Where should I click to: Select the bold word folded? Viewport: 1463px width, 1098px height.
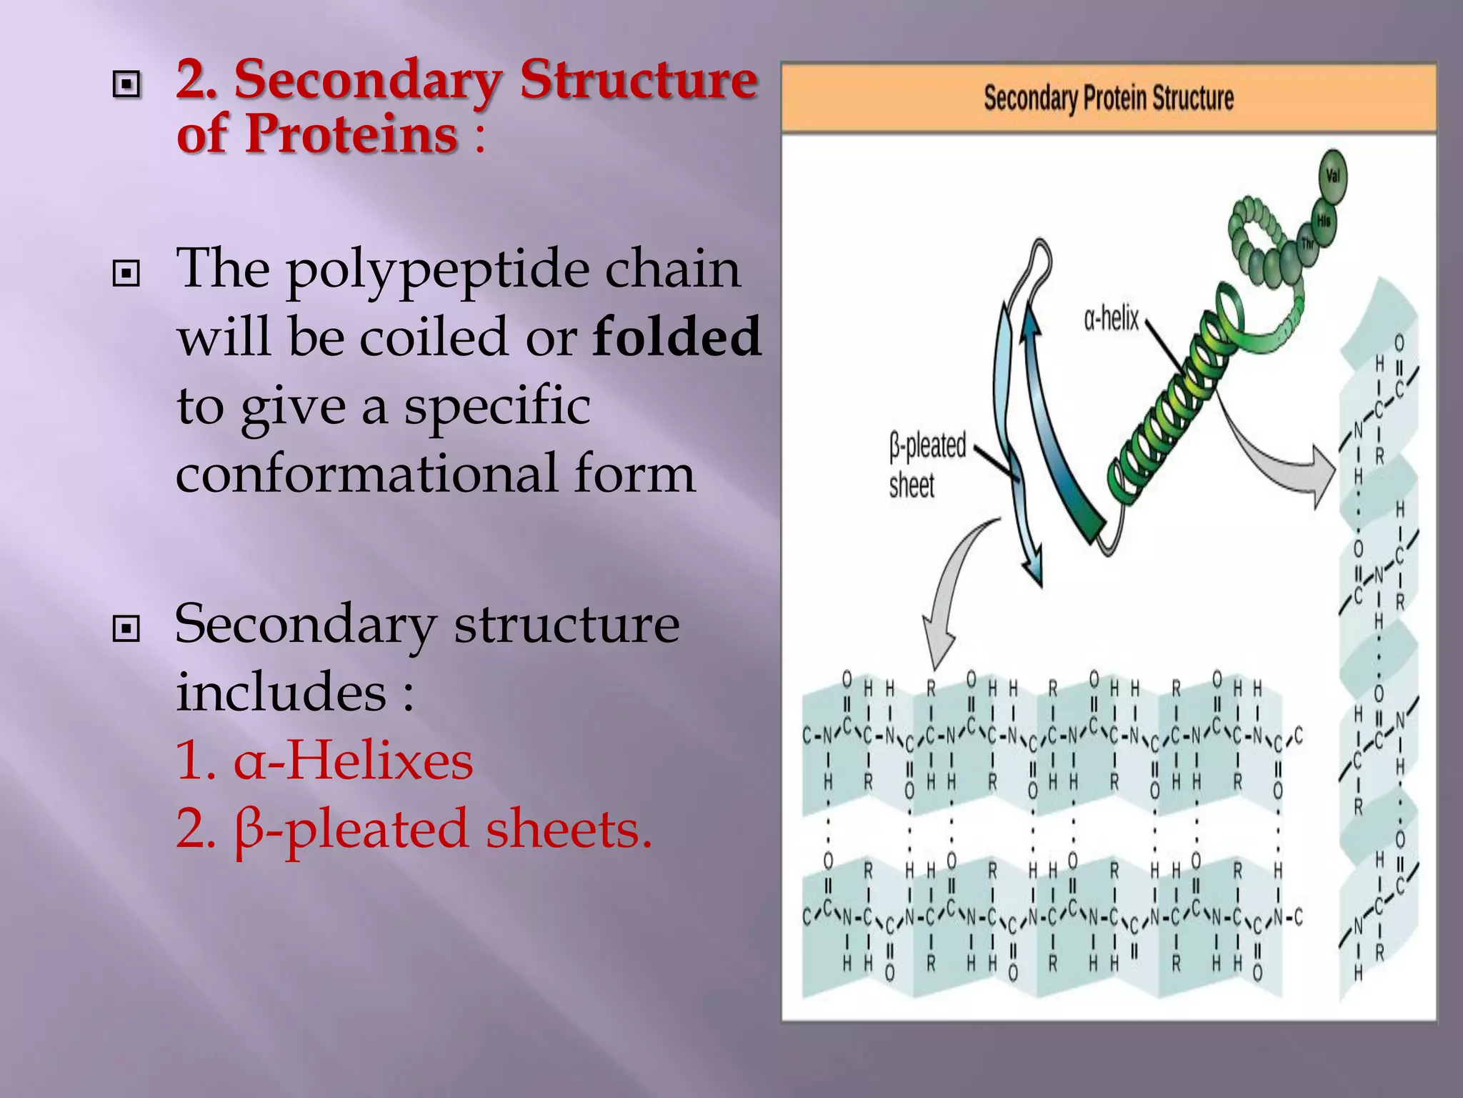click(x=676, y=337)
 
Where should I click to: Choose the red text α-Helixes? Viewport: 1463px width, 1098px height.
click(x=324, y=761)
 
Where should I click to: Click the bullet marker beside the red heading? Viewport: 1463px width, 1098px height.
click(x=126, y=85)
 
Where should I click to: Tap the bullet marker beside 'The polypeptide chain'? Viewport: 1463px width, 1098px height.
click(x=126, y=273)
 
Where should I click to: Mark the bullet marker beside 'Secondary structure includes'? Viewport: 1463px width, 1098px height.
click(x=126, y=629)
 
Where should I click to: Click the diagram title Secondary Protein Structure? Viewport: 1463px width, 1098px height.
click(x=1108, y=99)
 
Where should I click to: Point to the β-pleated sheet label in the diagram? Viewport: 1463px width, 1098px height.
click(x=926, y=465)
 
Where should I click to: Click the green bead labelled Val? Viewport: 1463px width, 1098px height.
click(x=1332, y=176)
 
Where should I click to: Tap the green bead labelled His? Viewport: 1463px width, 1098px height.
click(x=1323, y=222)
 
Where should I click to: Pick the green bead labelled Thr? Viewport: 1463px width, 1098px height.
click(x=1307, y=244)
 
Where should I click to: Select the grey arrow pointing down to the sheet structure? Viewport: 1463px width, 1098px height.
click(x=950, y=593)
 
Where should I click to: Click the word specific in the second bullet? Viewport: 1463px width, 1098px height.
click(x=497, y=406)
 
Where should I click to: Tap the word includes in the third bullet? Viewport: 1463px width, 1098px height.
click(x=281, y=692)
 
